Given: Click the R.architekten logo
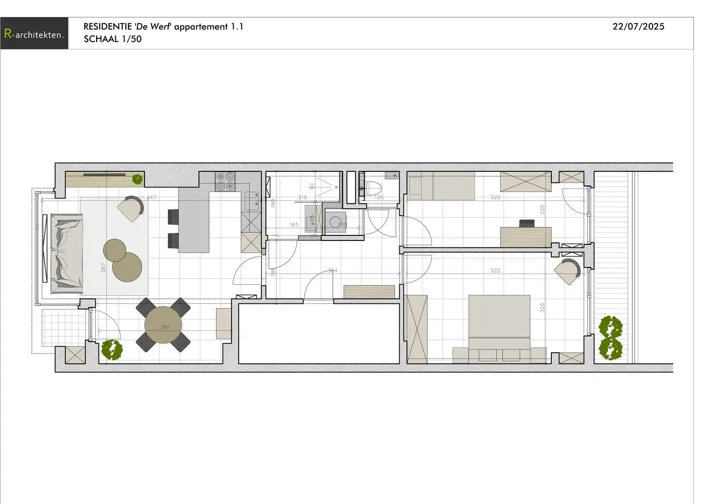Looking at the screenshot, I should pyautogui.click(x=34, y=34).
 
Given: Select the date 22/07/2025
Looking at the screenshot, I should pyautogui.click(x=638, y=27).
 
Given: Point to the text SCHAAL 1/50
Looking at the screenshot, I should pyautogui.click(x=113, y=39).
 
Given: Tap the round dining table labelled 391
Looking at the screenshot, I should pyautogui.click(x=164, y=325).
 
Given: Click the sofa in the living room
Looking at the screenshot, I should pyautogui.click(x=66, y=254).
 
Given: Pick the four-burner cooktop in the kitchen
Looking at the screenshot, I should pyautogui.click(x=225, y=181).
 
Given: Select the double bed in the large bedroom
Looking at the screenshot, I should pyautogui.click(x=499, y=323).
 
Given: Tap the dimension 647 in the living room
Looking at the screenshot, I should pyautogui.click(x=151, y=198).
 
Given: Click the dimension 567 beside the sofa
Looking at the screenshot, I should pyautogui.click(x=103, y=268).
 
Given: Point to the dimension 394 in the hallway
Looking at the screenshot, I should pyautogui.click(x=332, y=271).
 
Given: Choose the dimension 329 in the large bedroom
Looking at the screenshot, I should pyautogui.click(x=542, y=307).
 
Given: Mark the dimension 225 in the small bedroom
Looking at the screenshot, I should pyautogui.click(x=542, y=209).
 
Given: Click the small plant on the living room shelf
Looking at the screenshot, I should pyautogui.click(x=137, y=178).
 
